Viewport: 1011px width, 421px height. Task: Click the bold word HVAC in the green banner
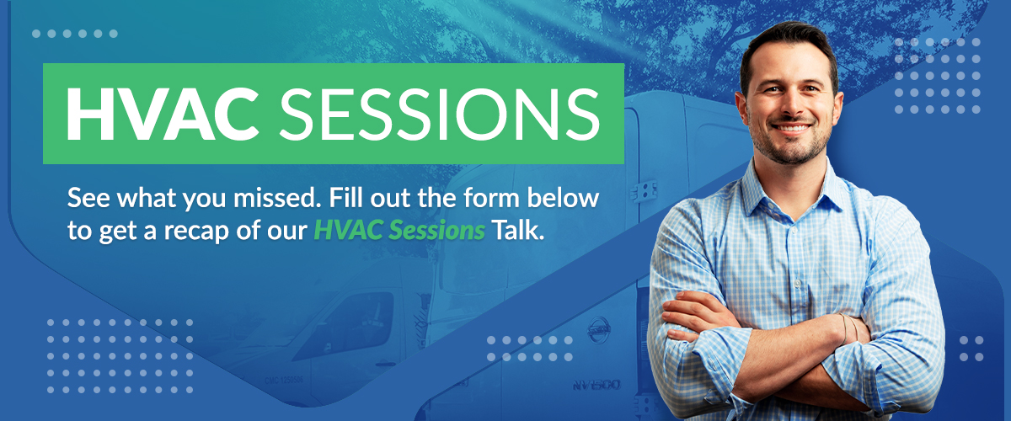coord(163,114)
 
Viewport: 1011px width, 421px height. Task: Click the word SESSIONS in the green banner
coord(440,114)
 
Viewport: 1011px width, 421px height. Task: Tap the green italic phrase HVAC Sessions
coord(399,230)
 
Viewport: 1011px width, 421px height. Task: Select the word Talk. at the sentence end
coord(517,230)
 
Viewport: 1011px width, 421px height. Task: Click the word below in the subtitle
coord(564,198)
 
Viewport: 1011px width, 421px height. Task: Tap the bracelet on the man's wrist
coord(850,328)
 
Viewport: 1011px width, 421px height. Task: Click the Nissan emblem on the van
coord(599,330)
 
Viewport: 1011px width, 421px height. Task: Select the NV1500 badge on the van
coord(596,386)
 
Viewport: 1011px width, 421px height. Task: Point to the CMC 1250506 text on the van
coord(285,381)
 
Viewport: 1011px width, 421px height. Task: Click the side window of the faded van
coord(346,326)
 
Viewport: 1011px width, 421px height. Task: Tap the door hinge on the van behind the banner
coord(644,191)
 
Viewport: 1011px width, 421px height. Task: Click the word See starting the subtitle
coord(88,198)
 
